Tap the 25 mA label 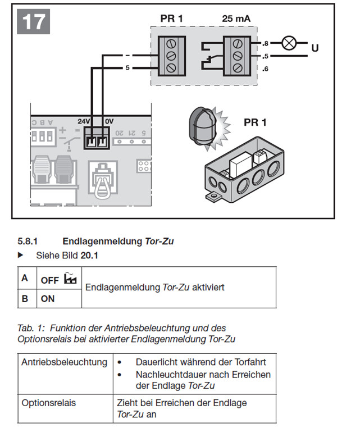(x=236, y=19)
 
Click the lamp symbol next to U (x=289, y=44)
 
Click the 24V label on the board (x=83, y=121)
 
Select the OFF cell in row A (x=49, y=279)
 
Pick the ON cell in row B (x=48, y=298)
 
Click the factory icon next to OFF (x=70, y=277)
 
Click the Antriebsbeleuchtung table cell (x=64, y=362)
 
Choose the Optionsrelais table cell (x=48, y=403)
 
